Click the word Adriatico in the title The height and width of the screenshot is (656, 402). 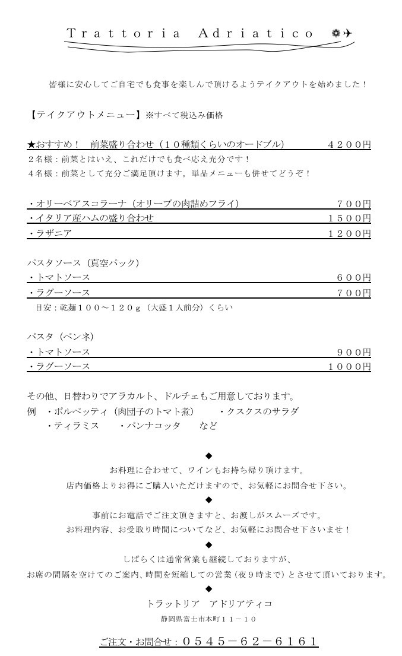(x=255, y=34)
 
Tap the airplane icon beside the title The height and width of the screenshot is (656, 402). (x=347, y=33)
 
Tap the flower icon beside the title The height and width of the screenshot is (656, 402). (x=336, y=33)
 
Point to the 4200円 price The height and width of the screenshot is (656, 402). (x=349, y=144)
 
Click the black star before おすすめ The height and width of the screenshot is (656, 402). (x=31, y=144)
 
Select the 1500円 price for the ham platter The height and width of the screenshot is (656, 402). (x=349, y=218)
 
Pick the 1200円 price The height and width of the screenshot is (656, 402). (x=349, y=233)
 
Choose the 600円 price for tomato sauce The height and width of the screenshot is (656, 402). (x=354, y=278)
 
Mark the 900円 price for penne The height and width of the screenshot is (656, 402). (x=354, y=352)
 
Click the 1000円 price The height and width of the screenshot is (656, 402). (x=349, y=367)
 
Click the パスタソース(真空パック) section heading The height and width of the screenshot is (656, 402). (x=83, y=263)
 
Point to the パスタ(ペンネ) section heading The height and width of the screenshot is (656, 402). (x=60, y=337)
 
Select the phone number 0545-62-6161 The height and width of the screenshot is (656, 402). (x=250, y=642)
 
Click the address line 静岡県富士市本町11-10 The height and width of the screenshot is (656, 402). (x=208, y=619)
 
